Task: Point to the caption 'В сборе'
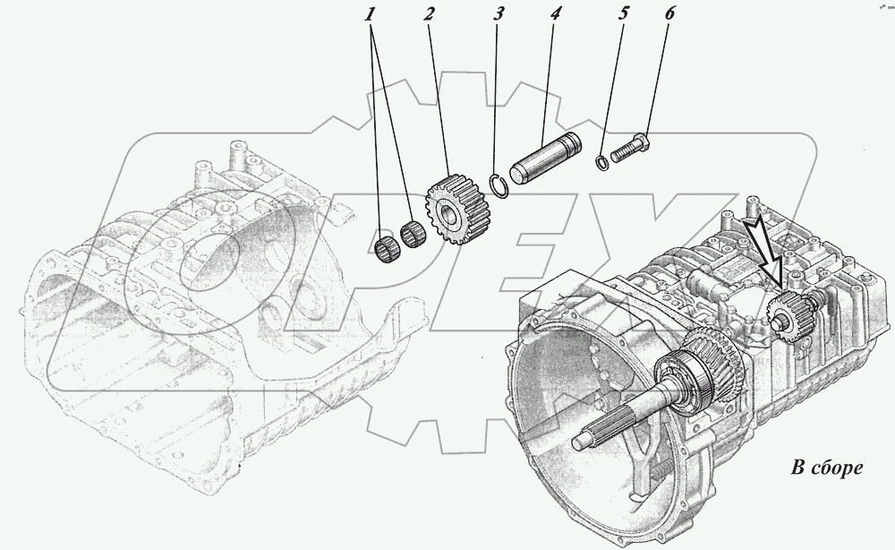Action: click(x=824, y=468)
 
